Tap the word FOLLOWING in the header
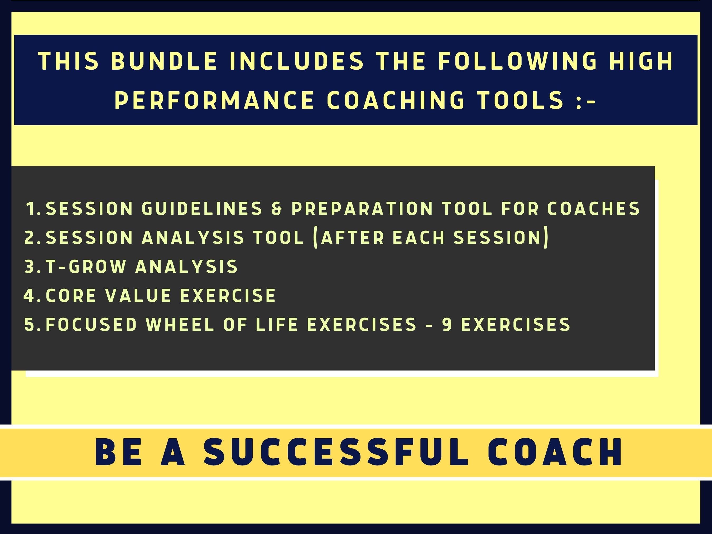[518, 61]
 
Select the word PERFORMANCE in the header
[214, 100]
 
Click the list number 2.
[32, 238]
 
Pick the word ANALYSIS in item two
[193, 238]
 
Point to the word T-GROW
[86, 267]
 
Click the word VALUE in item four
[138, 296]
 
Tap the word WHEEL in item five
[180, 324]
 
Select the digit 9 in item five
[447, 324]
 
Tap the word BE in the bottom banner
[118, 452]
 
